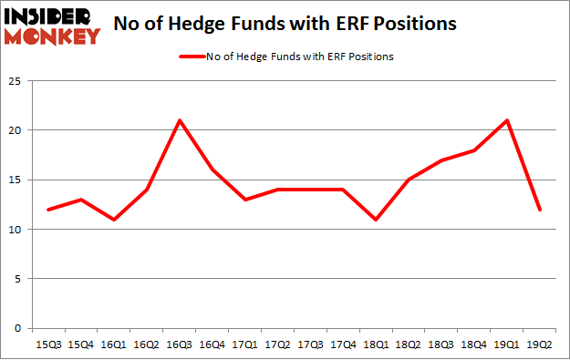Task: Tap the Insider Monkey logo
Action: [51, 25]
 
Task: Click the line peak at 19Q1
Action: [505, 120]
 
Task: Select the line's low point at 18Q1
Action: [375, 220]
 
